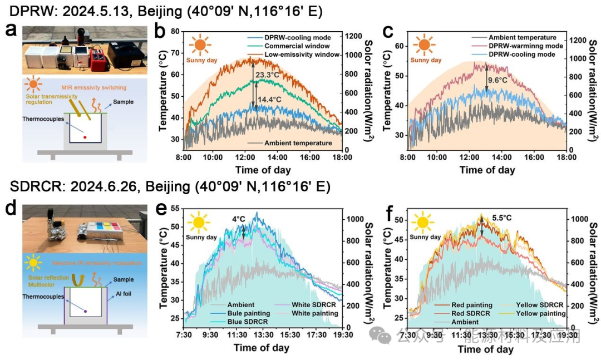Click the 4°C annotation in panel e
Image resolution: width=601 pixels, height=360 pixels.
click(x=238, y=219)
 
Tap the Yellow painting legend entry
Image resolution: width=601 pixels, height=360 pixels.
click(x=539, y=313)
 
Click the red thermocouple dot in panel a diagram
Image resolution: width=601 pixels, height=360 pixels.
click(x=85, y=136)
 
